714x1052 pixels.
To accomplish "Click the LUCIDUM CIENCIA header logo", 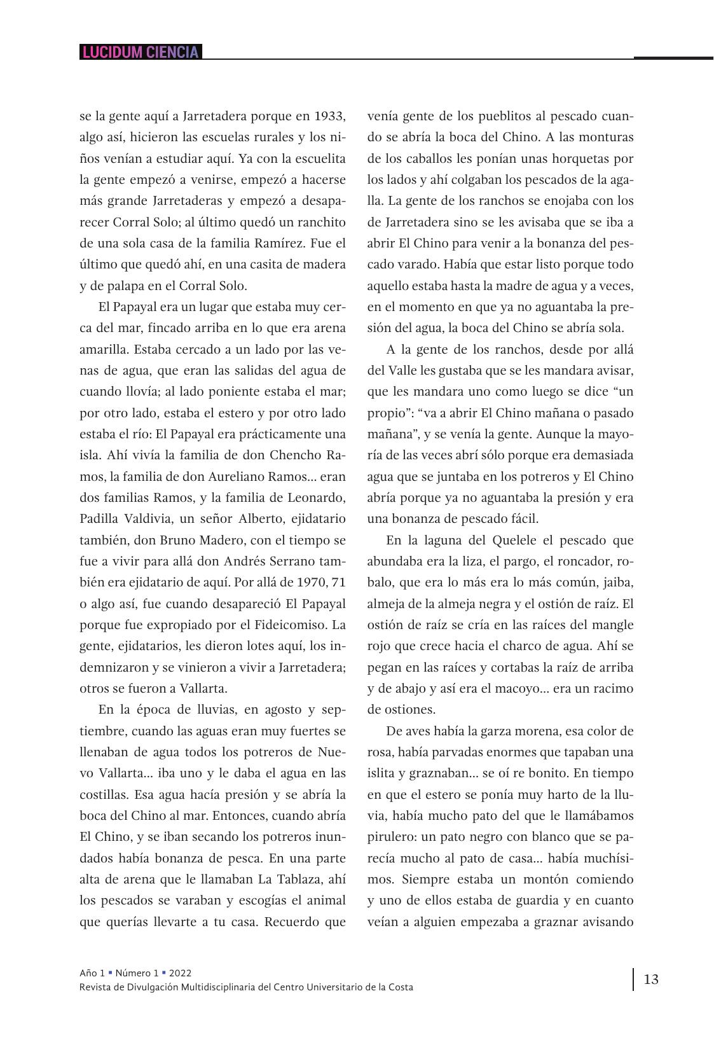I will coord(141,52).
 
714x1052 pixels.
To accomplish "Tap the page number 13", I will coord(651,979).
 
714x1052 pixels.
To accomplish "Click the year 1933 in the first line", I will coord(329,116).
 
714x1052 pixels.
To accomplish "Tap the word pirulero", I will coord(389,837).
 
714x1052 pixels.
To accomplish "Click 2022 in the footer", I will coord(180,973).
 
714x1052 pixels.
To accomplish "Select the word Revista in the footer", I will coord(96,987).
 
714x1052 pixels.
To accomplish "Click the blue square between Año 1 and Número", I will coord(111,972).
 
